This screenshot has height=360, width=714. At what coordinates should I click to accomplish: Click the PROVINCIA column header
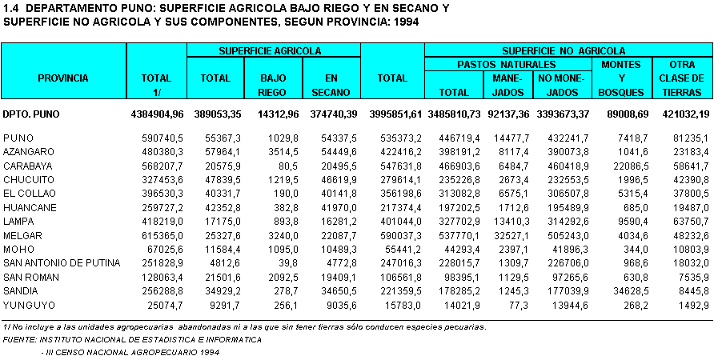[63, 78]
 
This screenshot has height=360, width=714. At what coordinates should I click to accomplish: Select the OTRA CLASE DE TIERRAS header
[680, 78]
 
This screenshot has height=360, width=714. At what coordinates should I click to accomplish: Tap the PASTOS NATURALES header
[506, 64]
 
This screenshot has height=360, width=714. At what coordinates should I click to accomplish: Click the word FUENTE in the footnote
[22, 339]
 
